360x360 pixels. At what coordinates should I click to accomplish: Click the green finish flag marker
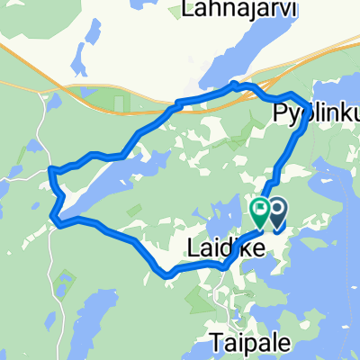click(259, 211)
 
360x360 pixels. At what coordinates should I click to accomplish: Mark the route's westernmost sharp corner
click(49, 169)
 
